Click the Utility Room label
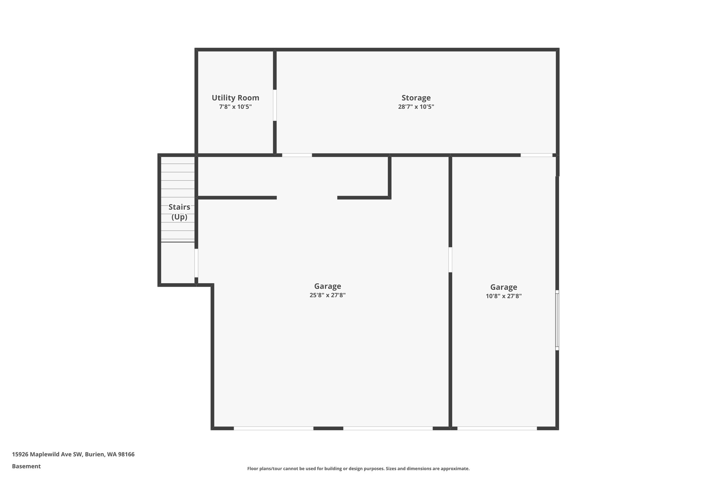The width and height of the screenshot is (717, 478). click(x=235, y=98)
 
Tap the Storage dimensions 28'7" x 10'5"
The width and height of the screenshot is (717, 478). click(x=416, y=107)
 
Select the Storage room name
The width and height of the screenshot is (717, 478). click(x=416, y=98)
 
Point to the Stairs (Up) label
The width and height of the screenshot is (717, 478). click(x=179, y=212)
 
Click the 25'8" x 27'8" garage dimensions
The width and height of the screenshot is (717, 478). click(x=327, y=295)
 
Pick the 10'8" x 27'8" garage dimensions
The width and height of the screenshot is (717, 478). click(x=503, y=296)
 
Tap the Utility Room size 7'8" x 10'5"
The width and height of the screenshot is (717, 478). click(x=235, y=107)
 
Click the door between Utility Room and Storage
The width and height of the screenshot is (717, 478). click(x=275, y=105)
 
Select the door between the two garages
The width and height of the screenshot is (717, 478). click(x=450, y=259)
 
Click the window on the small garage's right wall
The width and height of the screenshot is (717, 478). click(x=557, y=320)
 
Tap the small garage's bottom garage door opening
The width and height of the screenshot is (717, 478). click(x=497, y=428)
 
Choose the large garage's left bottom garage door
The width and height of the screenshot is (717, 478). click(x=273, y=428)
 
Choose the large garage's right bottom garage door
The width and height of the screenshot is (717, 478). click(x=388, y=428)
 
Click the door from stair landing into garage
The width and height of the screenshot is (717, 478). click(x=196, y=263)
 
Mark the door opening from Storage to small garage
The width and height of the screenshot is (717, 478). click(x=536, y=155)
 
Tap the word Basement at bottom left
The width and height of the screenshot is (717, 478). click(x=26, y=466)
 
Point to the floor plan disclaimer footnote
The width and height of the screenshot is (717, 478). click(x=358, y=469)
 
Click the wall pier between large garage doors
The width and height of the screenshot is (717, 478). click(x=328, y=428)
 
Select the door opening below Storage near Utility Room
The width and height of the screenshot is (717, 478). click(x=297, y=155)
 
